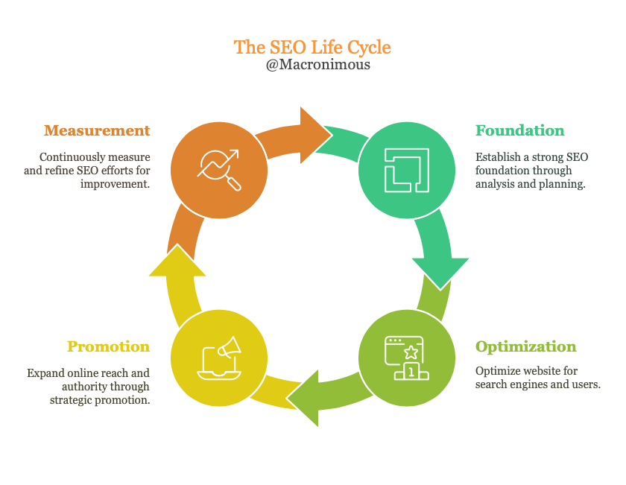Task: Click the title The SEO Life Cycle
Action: pyautogui.click(x=312, y=47)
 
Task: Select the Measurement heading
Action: pyautogui.click(x=97, y=130)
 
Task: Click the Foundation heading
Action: pyautogui.click(x=520, y=130)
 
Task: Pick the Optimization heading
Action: pyautogui.click(x=526, y=346)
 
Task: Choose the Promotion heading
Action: pyautogui.click(x=108, y=346)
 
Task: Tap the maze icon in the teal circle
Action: pyautogui.click(x=407, y=170)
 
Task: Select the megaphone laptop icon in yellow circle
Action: pyautogui.click(x=219, y=358)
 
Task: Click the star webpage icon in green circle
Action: pyautogui.click(x=407, y=358)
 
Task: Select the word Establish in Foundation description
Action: pyautogui.click(x=499, y=157)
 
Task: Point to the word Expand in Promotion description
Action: pyautogui.click(x=46, y=373)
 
